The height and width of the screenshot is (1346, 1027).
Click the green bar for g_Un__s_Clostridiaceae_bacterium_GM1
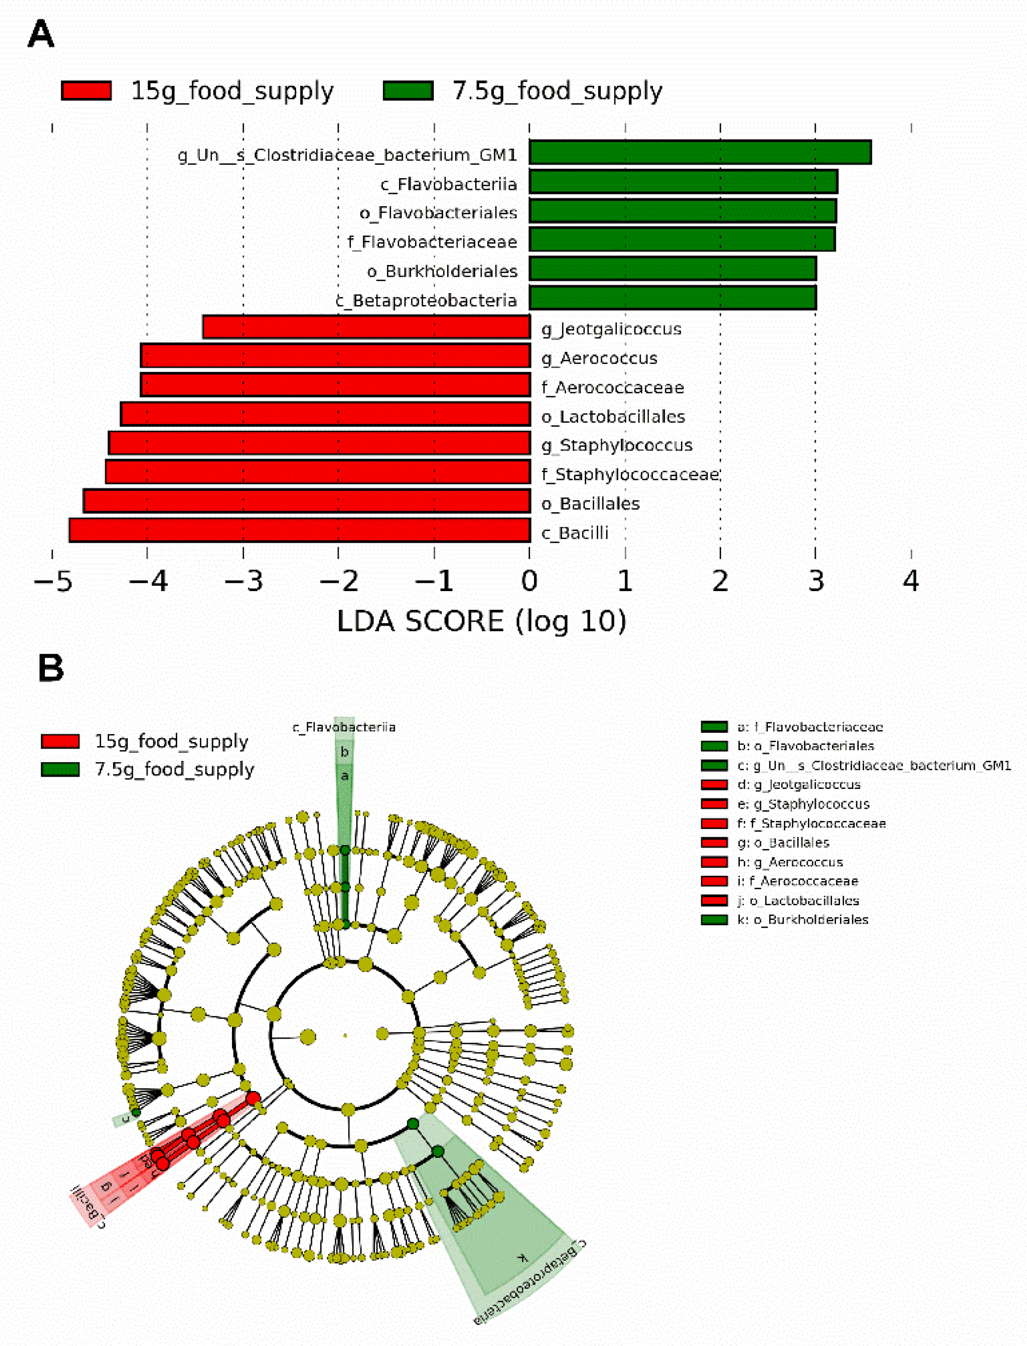point(700,152)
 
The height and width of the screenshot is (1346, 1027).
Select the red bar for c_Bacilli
point(300,530)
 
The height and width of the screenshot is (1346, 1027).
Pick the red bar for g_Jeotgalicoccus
point(366,327)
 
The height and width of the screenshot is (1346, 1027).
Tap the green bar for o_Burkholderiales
point(673,269)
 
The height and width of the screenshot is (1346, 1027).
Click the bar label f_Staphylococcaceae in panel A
point(630,474)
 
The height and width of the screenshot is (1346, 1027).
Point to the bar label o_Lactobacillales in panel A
point(613,417)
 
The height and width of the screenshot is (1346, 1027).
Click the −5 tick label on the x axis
point(53,581)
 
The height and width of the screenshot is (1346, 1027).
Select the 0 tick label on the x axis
point(530,581)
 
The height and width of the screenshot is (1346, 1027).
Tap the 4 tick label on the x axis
point(911,581)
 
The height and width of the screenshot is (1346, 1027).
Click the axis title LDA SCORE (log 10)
point(482,622)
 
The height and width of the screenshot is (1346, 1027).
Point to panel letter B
point(51,668)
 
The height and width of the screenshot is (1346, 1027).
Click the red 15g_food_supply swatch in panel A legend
point(86,90)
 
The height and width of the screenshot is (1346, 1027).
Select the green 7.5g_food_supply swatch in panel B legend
point(60,769)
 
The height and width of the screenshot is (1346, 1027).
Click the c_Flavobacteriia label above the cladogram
point(344,727)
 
